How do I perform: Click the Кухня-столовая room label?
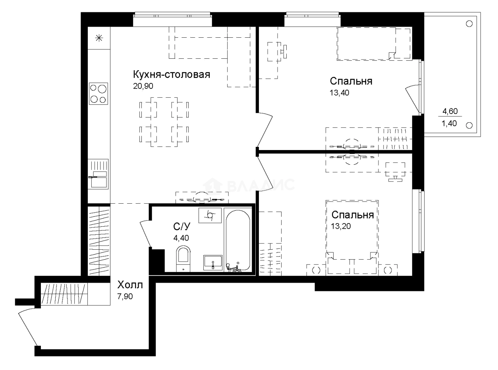(171, 75)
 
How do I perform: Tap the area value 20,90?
(143, 86)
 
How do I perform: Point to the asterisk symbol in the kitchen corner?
(99, 38)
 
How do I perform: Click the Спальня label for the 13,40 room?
(351, 81)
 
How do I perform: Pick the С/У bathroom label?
(182, 227)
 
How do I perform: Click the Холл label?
(129, 285)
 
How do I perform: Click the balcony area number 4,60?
(450, 112)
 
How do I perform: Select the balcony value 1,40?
(450, 123)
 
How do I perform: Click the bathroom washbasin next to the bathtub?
(213, 263)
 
